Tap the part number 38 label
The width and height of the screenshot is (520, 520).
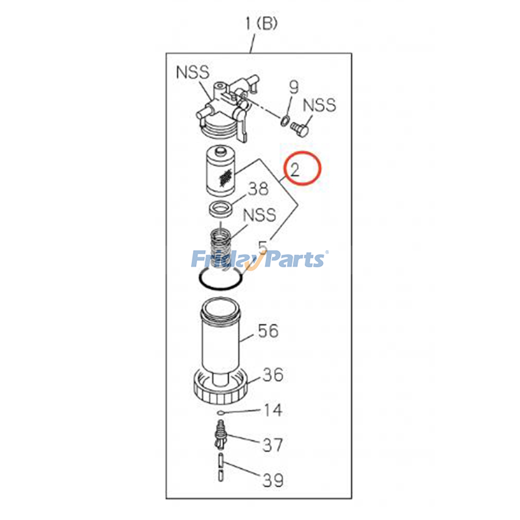(258, 189)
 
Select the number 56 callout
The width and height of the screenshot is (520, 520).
(268, 331)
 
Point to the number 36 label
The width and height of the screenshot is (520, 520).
(273, 375)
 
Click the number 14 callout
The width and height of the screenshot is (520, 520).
(273, 410)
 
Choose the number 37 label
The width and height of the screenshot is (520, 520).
(272, 445)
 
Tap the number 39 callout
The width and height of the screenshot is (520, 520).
(273, 480)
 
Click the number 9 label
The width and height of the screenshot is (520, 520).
(293, 87)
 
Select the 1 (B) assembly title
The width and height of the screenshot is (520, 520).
(261, 24)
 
